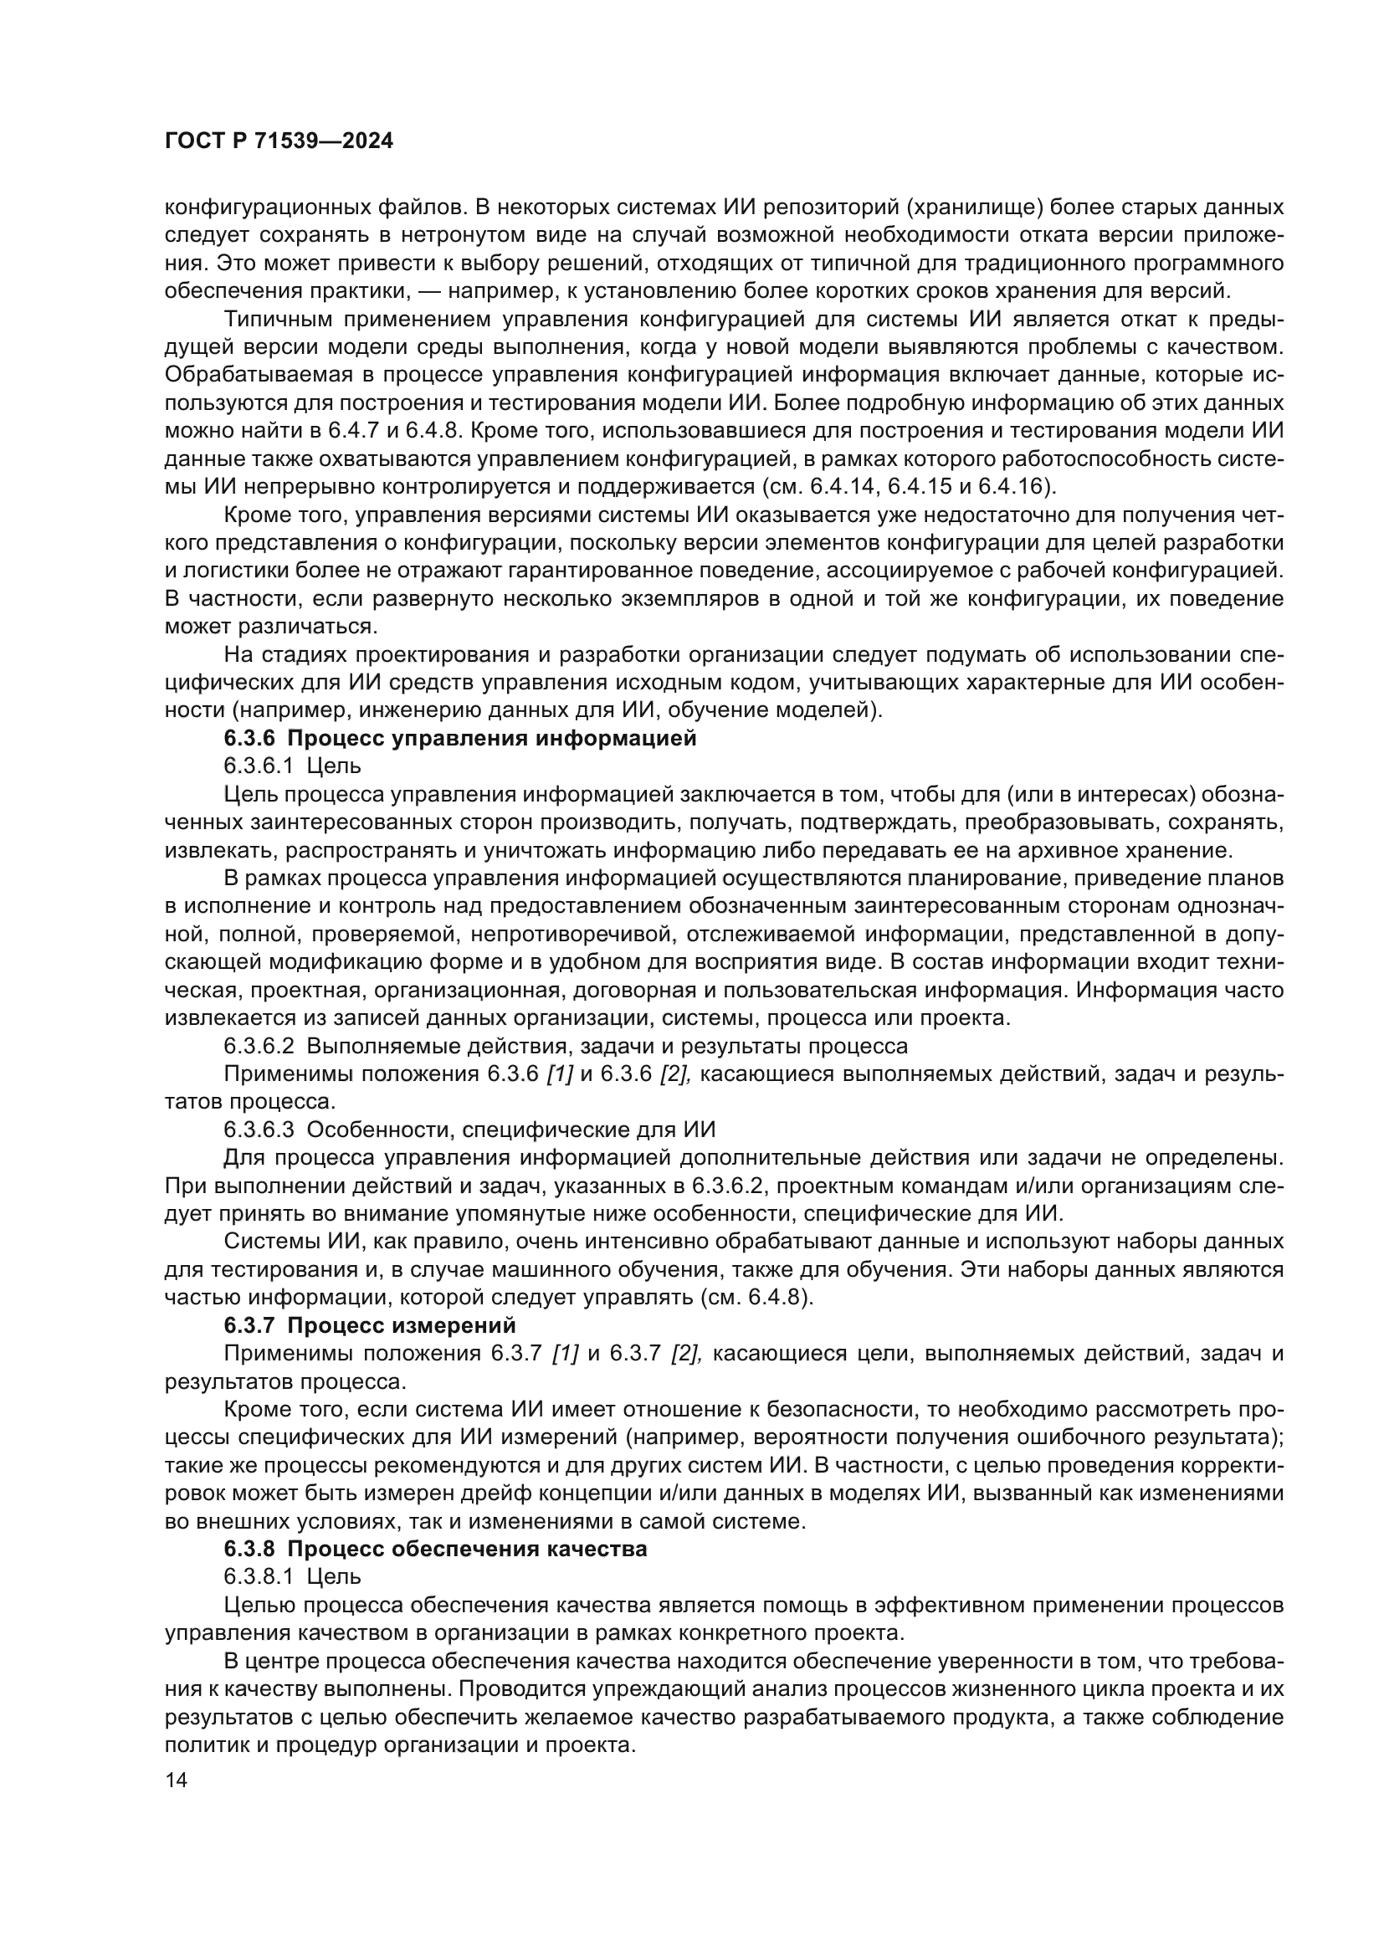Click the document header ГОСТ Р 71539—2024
(x=279, y=141)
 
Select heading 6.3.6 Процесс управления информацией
(x=460, y=738)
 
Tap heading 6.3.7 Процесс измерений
(x=370, y=1325)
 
